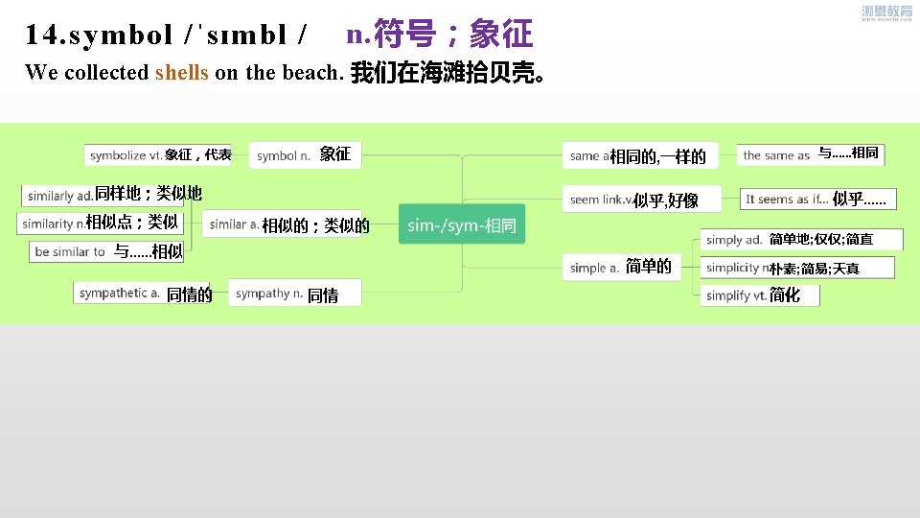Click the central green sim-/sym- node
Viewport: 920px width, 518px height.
click(x=461, y=225)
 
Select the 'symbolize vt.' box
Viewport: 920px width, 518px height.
click(x=158, y=154)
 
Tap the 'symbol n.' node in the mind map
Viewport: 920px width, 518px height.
click(x=305, y=154)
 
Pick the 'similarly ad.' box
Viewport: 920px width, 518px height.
click(x=112, y=195)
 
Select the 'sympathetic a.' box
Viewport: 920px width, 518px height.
click(x=143, y=294)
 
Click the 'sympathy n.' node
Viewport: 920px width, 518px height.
click(x=295, y=294)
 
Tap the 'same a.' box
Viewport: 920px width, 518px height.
click(x=635, y=155)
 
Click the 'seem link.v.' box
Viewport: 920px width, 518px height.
click(x=630, y=200)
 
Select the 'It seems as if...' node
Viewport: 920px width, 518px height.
click(x=817, y=199)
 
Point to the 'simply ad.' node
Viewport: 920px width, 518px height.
click(x=788, y=239)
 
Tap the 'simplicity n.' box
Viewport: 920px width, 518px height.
click(x=797, y=268)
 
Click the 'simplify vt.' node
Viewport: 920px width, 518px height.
click(x=750, y=295)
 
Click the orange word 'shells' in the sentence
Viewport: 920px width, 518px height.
click(x=181, y=73)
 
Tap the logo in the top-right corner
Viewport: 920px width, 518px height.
click(x=886, y=13)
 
